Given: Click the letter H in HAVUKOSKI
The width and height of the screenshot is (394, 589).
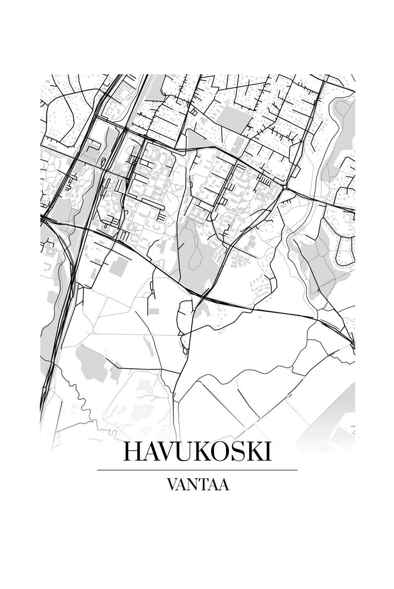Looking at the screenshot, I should click(x=133, y=452).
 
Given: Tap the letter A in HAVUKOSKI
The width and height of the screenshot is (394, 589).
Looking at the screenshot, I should click(x=151, y=452).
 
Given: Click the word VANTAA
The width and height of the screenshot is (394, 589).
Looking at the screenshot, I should click(x=198, y=485).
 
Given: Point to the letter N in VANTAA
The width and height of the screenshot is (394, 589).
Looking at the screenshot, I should click(x=193, y=485).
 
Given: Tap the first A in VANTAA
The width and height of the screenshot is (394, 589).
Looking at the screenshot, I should click(x=182, y=485).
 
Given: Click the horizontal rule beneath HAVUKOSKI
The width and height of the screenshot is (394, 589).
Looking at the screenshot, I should click(x=197, y=470).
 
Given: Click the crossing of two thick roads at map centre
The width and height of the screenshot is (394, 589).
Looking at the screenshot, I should click(x=205, y=296).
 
